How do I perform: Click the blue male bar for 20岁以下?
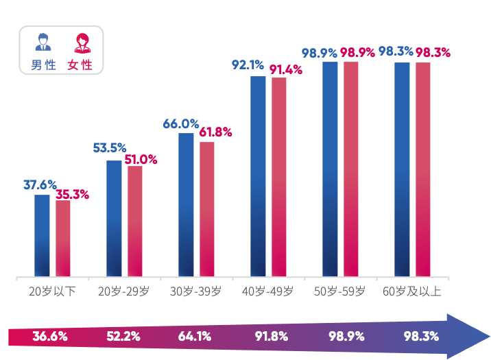(42, 235)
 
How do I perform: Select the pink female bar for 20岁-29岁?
(135, 221)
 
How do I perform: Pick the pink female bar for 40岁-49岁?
(279, 177)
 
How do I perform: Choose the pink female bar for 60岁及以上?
(423, 169)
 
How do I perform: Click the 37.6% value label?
(40, 185)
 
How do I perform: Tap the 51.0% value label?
(141, 160)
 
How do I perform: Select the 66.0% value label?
(180, 124)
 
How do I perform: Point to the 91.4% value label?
(285, 69)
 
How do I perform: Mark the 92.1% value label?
(248, 65)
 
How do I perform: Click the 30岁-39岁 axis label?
(195, 291)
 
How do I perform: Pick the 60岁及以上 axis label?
(412, 291)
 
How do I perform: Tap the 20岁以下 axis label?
(52, 291)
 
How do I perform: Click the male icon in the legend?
(43, 43)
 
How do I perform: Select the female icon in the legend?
(81, 43)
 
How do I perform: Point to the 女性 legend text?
(80, 66)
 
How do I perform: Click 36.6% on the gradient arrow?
(50, 337)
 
